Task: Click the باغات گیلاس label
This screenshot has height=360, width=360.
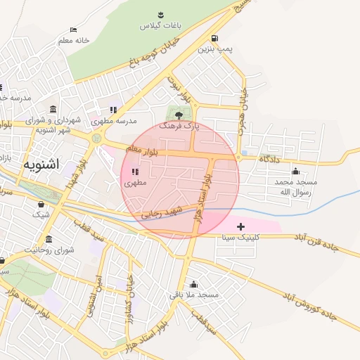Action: pyautogui.click(x=160, y=25)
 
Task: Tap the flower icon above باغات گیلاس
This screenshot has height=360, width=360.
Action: pyautogui.click(x=160, y=14)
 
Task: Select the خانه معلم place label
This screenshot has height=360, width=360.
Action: pyautogui.click(x=73, y=40)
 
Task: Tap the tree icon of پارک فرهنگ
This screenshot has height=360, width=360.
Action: pyautogui.click(x=179, y=114)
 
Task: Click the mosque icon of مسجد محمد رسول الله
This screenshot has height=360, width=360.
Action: pyautogui.click(x=295, y=171)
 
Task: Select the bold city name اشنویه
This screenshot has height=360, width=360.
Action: pyautogui.click(x=41, y=164)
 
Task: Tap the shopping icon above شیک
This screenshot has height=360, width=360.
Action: pyautogui.click(x=41, y=204)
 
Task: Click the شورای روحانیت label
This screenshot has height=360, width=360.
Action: pyautogui.click(x=49, y=250)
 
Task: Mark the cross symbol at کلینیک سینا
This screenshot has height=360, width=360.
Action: pyautogui.click(x=241, y=226)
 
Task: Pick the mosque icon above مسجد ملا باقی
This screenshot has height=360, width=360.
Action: pyautogui.click(x=193, y=284)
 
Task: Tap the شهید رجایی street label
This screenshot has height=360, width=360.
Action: pyautogui.click(x=162, y=212)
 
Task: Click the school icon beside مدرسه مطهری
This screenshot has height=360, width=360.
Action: pyautogui.click(x=112, y=110)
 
